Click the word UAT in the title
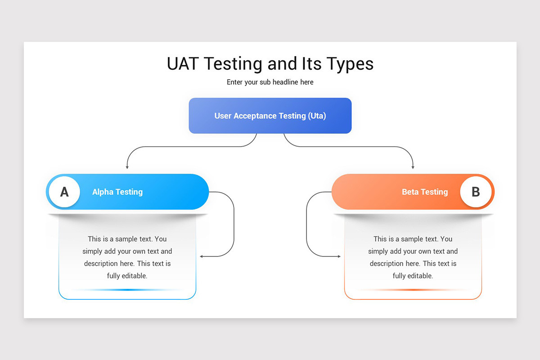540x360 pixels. tap(183, 64)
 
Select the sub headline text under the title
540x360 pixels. tap(270, 82)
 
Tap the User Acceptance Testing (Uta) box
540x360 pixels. tap(270, 116)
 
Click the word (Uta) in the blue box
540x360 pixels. tap(317, 116)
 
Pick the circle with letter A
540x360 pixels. tap(64, 192)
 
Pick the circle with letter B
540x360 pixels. tap(476, 192)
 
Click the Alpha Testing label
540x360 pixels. tap(117, 192)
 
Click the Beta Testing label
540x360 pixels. tap(425, 192)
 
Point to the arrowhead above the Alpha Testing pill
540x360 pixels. tap(127, 167)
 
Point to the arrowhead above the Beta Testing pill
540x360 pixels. tap(413, 167)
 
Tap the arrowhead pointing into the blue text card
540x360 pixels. tap(201, 256)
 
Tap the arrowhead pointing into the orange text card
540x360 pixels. tap(339, 256)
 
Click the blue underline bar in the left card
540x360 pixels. tap(127, 290)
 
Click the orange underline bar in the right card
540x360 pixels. tap(413, 290)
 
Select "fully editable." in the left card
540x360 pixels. tap(127, 276)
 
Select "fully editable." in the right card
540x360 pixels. tap(413, 276)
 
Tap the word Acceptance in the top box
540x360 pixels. tap(255, 116)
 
